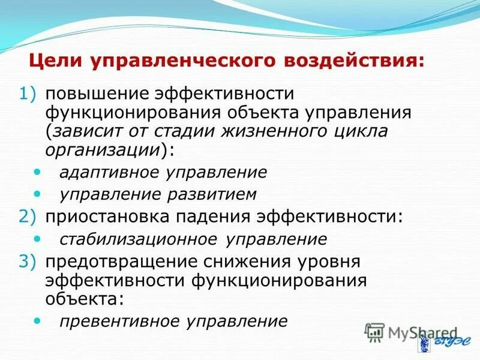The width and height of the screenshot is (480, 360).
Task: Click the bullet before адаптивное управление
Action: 38,172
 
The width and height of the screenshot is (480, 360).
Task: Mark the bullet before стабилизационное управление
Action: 38,238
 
